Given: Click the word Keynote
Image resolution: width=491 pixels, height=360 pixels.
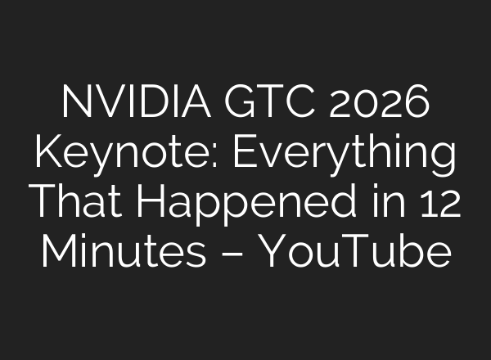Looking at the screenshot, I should point(101,153).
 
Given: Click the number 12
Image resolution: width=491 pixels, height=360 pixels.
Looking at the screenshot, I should point(439,201).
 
